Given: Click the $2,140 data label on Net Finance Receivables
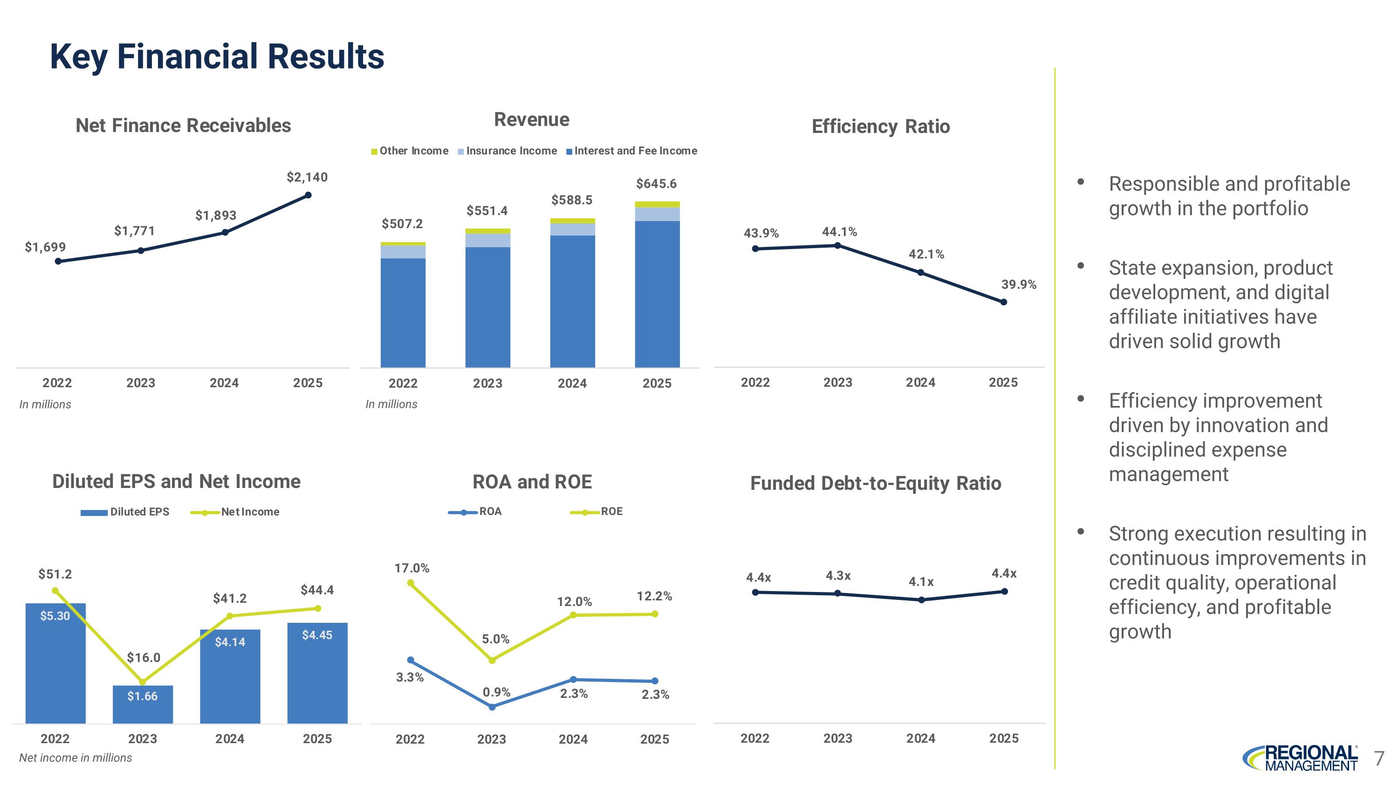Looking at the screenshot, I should click(x=307, y=177).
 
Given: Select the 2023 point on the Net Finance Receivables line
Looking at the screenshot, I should click(x=141, y=251).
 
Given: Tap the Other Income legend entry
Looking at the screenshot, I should click(x=410, y=151).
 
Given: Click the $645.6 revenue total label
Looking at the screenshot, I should click(x=656, y=184).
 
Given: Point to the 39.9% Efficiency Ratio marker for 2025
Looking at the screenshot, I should click(x=1003, y=302).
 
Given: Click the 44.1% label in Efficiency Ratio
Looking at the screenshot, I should click(x=839, y=232).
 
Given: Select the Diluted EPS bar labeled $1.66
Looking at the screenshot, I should click(x=143, y=703).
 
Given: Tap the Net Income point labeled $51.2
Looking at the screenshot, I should click(x=55, y=591).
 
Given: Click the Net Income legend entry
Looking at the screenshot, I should click(x=235, y=512).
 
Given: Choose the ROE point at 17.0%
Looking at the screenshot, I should click(x=410, y=583).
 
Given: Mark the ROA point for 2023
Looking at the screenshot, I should click(x=492, y=707).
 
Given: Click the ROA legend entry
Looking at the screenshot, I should click(x=475, y=512).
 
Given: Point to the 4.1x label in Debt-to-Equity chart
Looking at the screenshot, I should click(x=921, y=582).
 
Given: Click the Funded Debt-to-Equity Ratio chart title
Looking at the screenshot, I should click(x=875, y=483).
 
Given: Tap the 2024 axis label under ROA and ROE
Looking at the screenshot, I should click(x=573, y=739).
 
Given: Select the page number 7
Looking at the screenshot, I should click(x=1378, y=758).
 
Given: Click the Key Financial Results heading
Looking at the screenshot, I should click(x=217, y=56).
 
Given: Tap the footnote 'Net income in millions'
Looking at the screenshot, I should click(x=75, y=758).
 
